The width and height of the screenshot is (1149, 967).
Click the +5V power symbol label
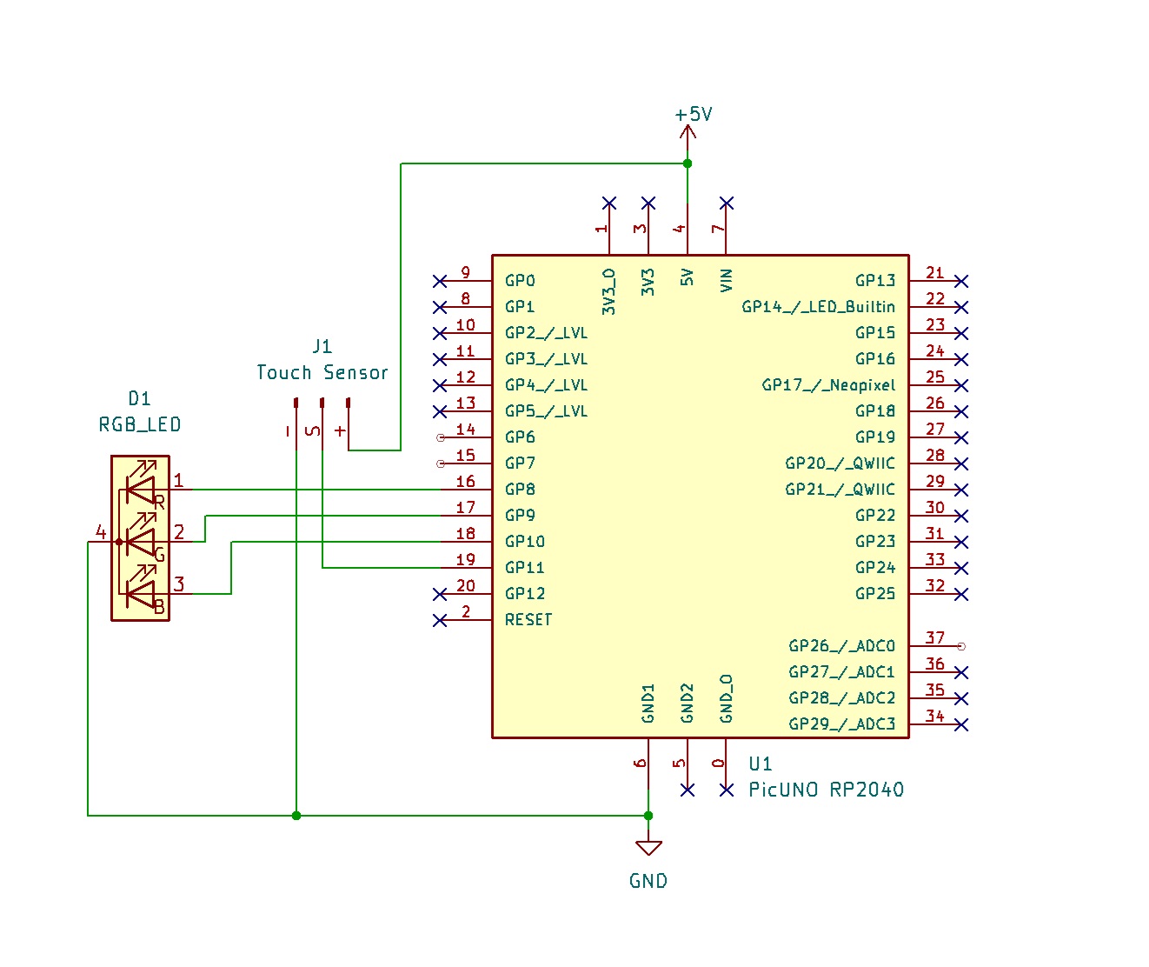pyautogui.click(x=693, y=115)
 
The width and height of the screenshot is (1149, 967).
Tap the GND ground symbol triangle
pyautogui.click(x=648, y=847)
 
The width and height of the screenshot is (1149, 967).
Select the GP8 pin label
pyautogui.click(x=520, y=490)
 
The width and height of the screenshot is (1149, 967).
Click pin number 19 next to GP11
pyautogui.click(x=465, y=559)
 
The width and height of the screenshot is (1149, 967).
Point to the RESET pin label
pyautogui.click(x=528, y=620)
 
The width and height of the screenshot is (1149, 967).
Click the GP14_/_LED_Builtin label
pyautogui.click(x=817, y=307)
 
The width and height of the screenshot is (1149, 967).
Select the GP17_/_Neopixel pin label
pyautogui.click(x=827, y=385)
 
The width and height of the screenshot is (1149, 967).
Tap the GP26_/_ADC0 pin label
pyautogui.click(x=840, y=646)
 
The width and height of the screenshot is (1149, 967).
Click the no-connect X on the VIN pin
pyautogui.click(x=727, y=203)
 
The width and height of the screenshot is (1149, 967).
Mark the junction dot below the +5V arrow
pyautogui.click(x=687, y=163)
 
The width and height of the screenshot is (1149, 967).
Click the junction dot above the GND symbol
pyautogui.click(x=648, y=816)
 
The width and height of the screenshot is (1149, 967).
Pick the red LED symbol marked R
pyautogui.click(x=140, y=490)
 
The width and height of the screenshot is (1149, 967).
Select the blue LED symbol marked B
pyautogui.click(x=140, y=594)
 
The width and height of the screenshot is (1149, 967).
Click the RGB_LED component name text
pyautogui.click(x=140, y=425)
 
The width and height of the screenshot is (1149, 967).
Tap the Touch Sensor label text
pyautogui.click(x=322, y=373)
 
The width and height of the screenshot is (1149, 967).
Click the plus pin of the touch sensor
pyautogui.click(x=348, y=403)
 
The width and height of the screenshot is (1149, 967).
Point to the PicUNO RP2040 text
pyautogui.click(x=826, y=790)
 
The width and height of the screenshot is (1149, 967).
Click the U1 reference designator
pyautogui.click(x=760, y=764)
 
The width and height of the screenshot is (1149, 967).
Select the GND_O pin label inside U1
pyautogui.click(x=727, y=698)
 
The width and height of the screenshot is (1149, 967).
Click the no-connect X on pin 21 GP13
pyautogui.click(x=960, y=281)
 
